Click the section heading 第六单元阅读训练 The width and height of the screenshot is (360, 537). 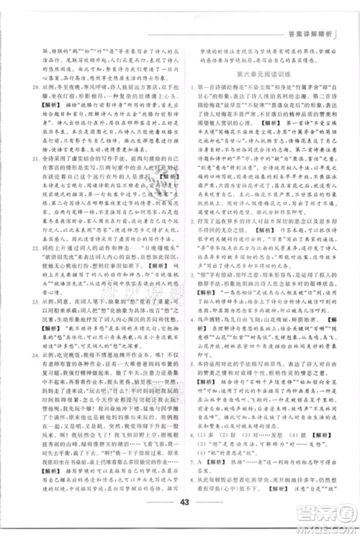pyautogui.click(x=261, y=74)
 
